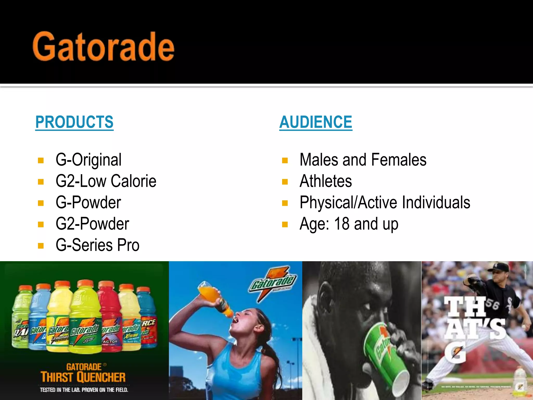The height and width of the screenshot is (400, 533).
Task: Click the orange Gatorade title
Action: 103,47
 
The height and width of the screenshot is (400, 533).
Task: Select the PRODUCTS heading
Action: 74,122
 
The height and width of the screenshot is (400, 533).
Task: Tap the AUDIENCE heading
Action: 316,122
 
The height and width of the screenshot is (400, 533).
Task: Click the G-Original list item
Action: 88,160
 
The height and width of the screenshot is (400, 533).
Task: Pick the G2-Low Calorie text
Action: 106,181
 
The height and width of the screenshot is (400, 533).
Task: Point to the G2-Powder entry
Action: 92,224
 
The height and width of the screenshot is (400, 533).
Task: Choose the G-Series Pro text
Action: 98,245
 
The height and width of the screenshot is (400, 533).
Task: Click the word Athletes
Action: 326,181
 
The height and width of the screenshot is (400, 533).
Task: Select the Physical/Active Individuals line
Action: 385,202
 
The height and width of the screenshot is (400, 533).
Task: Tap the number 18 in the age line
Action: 341,224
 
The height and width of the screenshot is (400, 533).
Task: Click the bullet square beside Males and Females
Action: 285,160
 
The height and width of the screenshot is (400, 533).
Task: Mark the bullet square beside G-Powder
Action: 41,203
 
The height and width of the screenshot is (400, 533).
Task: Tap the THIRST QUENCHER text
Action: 83,377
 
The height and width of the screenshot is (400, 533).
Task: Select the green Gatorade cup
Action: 383,349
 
